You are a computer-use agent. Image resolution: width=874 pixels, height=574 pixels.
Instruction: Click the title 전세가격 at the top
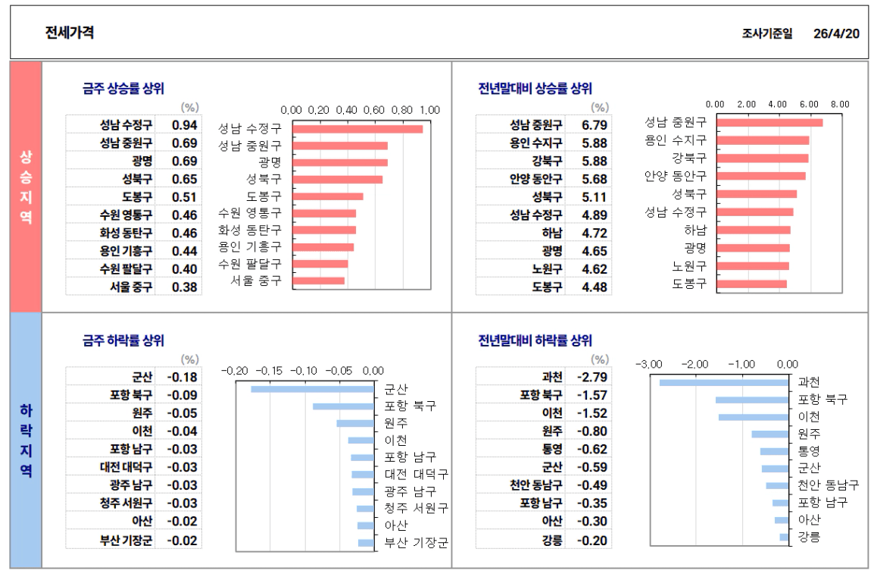(x=69, y=33)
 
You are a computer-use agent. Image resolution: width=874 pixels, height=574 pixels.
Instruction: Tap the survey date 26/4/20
(x=836, y=33)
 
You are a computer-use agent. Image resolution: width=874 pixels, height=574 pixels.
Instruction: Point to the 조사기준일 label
(x=767, y=33)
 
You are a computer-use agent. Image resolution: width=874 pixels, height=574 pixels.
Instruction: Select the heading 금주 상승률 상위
(x=123, y=88)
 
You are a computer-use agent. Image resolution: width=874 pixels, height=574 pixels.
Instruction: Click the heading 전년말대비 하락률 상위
(x=535, y=340)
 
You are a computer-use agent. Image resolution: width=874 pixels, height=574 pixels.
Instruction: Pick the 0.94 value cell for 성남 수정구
(x=184, y=125)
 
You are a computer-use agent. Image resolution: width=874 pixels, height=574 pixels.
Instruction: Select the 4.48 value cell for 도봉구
(x=595, y=287)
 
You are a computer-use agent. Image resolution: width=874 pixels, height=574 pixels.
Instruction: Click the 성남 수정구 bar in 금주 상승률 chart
(x=357, y=129)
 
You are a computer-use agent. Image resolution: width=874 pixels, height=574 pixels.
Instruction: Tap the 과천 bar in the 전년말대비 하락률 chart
(x=724, y=382)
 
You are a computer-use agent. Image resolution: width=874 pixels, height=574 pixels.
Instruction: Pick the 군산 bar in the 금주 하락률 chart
(x=312, y=389)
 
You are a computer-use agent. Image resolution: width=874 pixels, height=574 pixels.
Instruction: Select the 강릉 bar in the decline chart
(x=784, y=538)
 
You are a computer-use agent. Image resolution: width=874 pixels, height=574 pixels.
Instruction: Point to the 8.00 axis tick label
(x=840, y=104)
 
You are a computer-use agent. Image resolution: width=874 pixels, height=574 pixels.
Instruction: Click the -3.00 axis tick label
(x=650, y=365)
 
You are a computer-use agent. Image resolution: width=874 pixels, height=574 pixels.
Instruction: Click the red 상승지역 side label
(x=26, y=187)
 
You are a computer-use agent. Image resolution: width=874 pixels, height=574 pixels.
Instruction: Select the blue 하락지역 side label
(x=26, y=440)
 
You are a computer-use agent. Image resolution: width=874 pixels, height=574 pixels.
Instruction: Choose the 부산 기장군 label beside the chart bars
(x=416, y=543)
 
